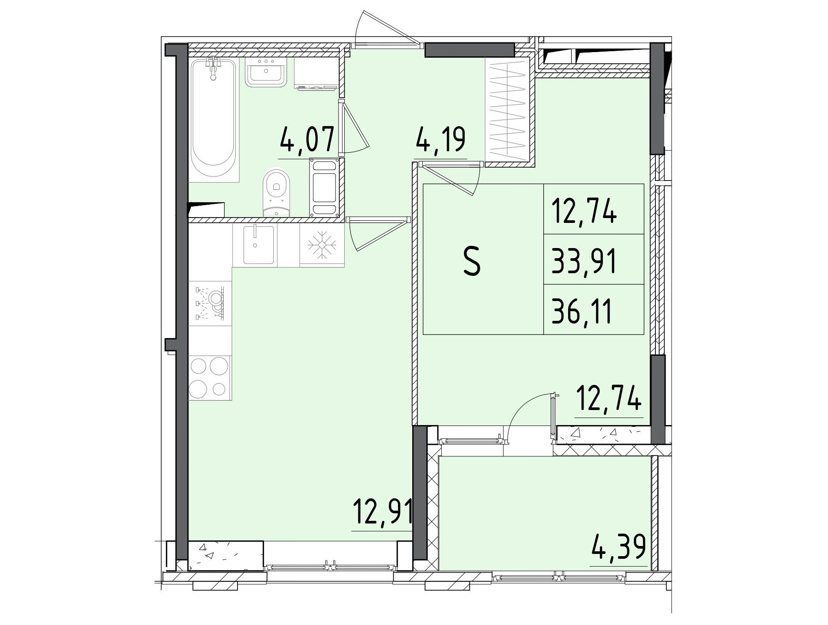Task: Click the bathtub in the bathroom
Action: (x=215, y=120)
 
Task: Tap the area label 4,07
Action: (x=305, y=139)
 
